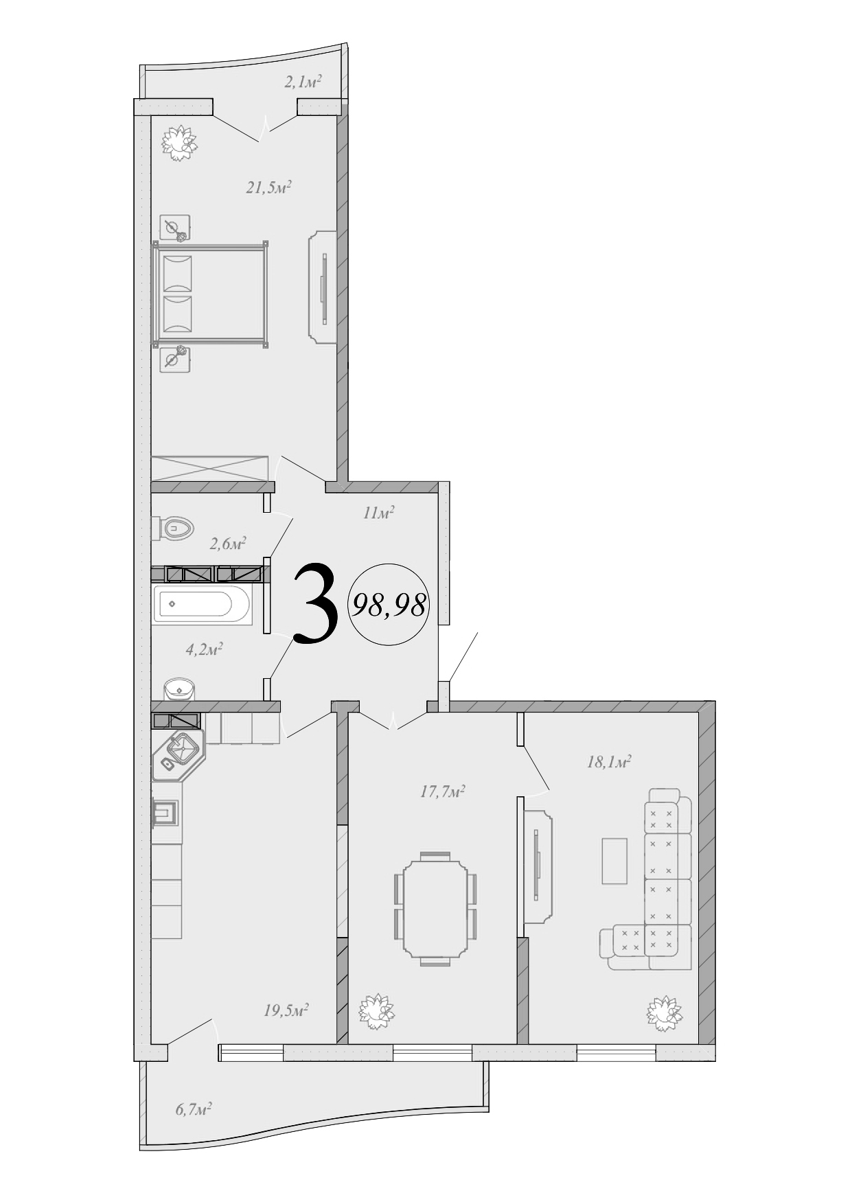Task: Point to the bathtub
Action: coord(202,604)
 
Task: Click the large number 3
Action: coord(316,603)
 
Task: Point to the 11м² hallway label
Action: coord(378,513)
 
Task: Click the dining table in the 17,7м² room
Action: coord(435,908)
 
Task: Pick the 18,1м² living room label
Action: coord(608,762)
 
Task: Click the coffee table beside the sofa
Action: coord(614,860)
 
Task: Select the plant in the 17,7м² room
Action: coord(377,1010)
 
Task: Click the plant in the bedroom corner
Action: coord(179,143)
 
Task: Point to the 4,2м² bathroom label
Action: coord(203,649)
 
